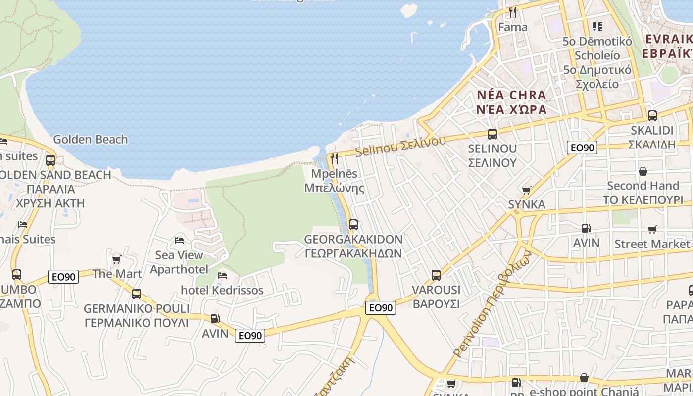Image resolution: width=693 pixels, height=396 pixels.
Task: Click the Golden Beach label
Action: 90,140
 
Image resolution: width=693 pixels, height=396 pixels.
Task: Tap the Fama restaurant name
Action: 512,27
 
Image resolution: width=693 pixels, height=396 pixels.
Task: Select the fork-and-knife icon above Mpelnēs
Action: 334,159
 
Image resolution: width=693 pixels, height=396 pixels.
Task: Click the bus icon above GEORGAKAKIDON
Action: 353,225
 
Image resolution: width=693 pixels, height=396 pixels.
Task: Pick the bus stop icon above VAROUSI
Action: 436,275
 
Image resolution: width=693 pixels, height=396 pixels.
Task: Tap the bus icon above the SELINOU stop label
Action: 492,134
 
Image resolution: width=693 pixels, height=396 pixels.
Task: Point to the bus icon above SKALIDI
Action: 652,116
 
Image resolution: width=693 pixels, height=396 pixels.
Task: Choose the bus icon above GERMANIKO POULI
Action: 136,294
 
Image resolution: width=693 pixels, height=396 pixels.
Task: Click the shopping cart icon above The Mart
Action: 117,259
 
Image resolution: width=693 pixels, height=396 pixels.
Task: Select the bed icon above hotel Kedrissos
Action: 222,276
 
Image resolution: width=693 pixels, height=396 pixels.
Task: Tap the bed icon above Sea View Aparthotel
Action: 179,241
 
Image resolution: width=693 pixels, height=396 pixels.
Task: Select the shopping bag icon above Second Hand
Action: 643,171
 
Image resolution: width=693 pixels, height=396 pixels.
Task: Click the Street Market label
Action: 651,244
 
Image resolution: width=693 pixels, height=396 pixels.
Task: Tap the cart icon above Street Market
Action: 652,229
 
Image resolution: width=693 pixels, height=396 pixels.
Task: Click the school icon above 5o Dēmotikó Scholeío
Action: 597,27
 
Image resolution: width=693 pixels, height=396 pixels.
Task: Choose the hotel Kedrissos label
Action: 222,290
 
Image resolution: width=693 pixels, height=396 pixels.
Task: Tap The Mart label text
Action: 117,274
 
